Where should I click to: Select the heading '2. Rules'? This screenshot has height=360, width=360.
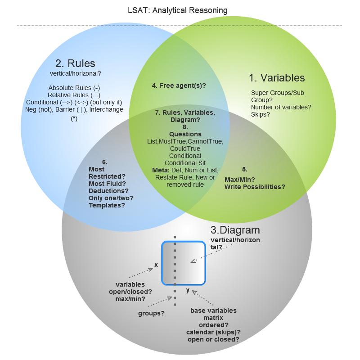(76, 63)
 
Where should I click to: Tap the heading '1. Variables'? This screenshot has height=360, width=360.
(277, 78)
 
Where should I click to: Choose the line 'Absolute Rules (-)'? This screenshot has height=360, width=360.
(74, 88)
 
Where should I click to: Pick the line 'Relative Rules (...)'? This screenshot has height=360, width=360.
(74, 95)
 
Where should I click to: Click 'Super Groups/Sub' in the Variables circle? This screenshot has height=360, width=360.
(277, 93)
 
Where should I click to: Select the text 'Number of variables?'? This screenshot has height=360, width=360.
(281, 108)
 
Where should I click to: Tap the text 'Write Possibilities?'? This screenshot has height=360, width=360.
(255, 187)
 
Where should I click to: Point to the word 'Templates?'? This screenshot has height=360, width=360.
(107, 205)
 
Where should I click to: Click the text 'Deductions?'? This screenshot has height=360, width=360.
(108, 191)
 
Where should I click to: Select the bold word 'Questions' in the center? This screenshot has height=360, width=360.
(185, 134)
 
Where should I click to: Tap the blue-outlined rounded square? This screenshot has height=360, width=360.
(184, 263)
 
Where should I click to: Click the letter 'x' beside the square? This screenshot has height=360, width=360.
(156, 265)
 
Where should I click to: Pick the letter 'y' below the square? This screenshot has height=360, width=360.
(188, 291)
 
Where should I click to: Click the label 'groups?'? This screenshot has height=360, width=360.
(151, 313)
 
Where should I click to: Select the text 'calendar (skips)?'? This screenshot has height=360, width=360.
(213, 332)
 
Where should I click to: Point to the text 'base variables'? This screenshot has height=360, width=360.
(213, 310)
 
